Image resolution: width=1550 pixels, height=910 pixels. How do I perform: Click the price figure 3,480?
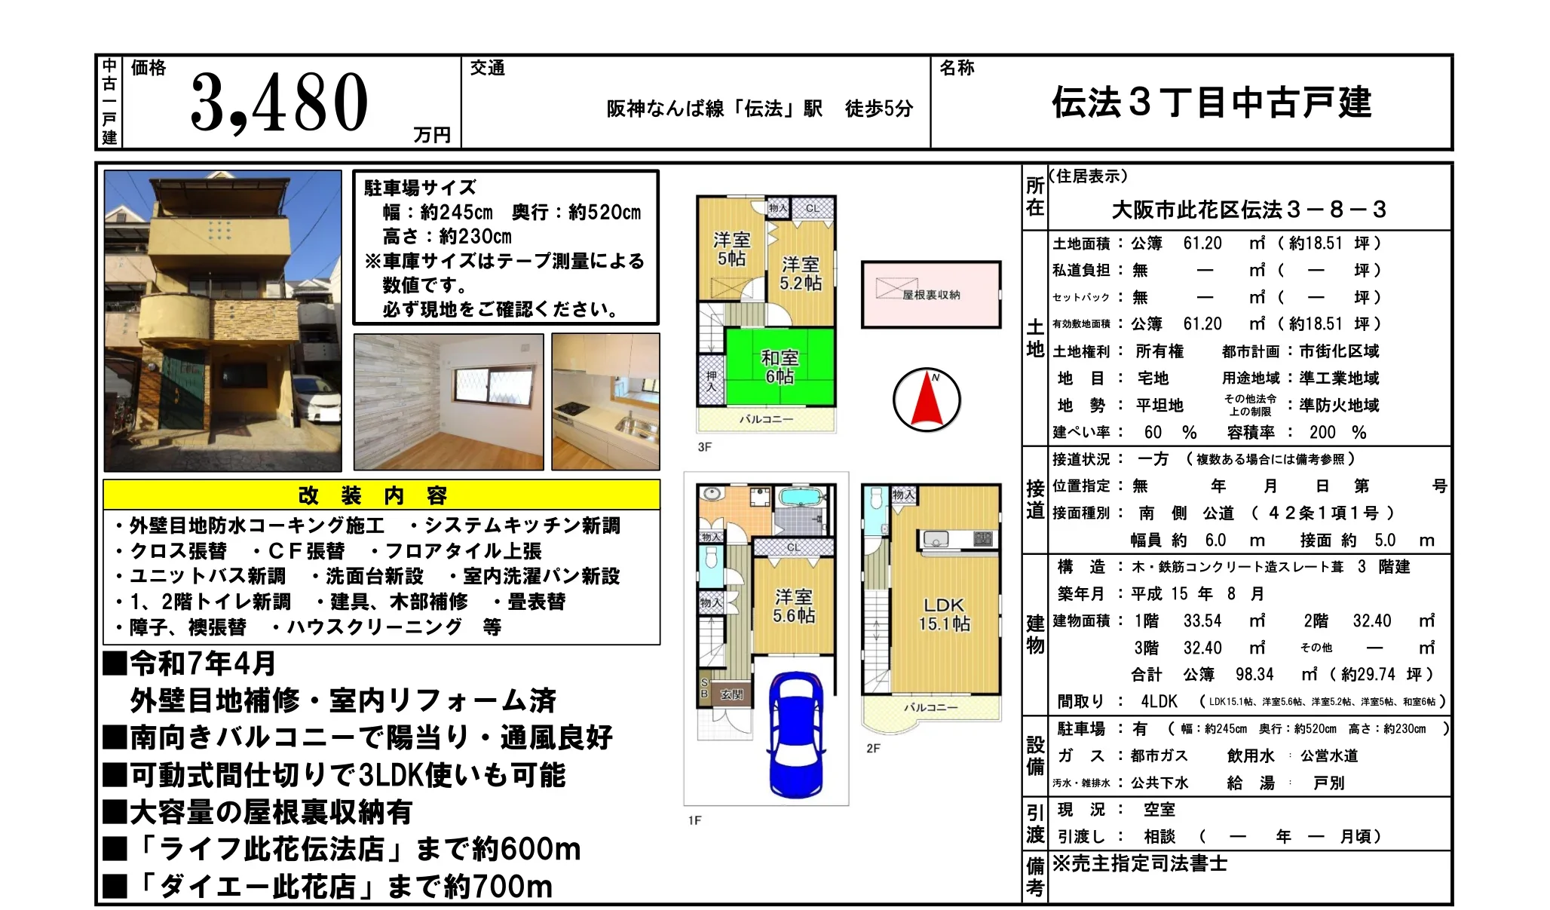279,102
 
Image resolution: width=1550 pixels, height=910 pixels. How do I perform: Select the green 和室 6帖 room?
780,367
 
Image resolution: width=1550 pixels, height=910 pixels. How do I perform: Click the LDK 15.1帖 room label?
944,614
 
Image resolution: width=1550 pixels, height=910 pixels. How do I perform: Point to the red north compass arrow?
927,400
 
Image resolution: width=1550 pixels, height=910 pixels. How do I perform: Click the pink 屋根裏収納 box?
931,294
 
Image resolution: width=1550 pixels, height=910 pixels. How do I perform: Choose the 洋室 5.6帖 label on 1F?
793,606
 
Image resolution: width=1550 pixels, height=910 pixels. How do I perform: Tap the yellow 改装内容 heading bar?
381,495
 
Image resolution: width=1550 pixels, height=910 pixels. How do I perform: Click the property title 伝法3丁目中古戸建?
1212,103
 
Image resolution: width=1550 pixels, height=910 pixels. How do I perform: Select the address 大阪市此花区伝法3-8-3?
1248,210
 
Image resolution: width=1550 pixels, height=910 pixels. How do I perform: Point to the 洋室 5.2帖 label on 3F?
800,273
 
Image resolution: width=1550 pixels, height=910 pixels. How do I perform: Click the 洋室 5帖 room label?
731,249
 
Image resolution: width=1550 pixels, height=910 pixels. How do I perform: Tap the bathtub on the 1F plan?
801,498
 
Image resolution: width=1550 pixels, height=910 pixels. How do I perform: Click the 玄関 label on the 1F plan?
731,694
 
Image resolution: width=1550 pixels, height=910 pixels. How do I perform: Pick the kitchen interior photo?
605,402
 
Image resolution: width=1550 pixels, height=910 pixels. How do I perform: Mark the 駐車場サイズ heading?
420,188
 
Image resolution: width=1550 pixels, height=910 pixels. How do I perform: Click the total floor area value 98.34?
1254,674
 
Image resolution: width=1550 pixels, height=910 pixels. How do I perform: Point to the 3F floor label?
704,447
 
